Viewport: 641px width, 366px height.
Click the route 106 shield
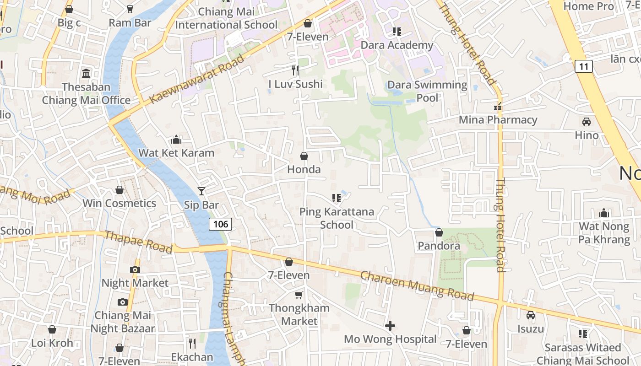click(x=221, y=224)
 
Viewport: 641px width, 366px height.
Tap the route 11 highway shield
click(x=583, y=66)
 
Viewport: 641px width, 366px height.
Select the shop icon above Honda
click(x=304, y=156)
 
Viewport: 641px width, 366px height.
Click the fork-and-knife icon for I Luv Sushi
click(x=295, y=70)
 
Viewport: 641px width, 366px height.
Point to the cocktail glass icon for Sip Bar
click(x=201, y=191)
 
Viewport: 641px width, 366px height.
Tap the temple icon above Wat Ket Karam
click(x=176, y=140)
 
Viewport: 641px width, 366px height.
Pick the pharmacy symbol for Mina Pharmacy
click(x=498, y=107)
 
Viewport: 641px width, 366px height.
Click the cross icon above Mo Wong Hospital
click(x=390, y=326)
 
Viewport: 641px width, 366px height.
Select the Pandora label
click(x=439, y=246)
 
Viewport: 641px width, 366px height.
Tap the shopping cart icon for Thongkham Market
click(x=299, y=295)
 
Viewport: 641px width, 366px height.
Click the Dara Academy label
click(x=397, y=45)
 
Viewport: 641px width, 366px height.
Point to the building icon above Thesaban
click(x=86, y=73)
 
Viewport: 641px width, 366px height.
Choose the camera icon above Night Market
click(x=135, y=269)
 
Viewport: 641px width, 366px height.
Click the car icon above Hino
click(x=586, y=122)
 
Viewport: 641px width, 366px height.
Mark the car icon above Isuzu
click(x=531, y=315)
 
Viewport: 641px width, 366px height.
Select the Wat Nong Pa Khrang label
click(x=604, y=233)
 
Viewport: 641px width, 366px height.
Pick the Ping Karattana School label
click(x=337, y=218)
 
